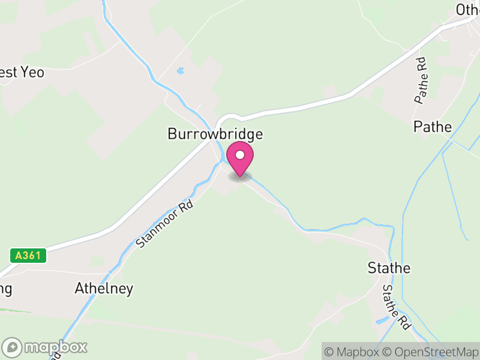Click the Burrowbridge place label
tap(215, 134)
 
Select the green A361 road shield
tap(28, 256)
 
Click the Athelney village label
tap(104, 289)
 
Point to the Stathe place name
tap(389, 268)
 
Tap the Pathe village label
tap(432, 127)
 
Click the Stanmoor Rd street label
tap(164, 224)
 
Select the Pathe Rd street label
tap(421, 80)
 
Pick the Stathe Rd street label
tap(396, 307)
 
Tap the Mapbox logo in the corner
tap(46, 347)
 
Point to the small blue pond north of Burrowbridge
tap(180, 71)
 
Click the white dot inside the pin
tap(240, 155)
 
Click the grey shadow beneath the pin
tap(240, 177)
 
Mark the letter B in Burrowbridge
tap(172, 134)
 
